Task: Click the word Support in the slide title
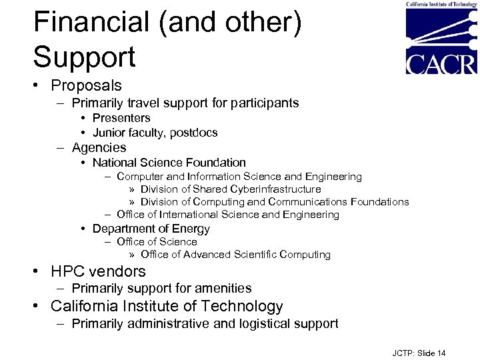coord(85,57)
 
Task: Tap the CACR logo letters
coord(441,63)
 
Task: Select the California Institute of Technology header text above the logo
coord(441,4)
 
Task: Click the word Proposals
coord(86,85)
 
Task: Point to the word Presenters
coord(121,118)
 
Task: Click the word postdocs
coord(193,133)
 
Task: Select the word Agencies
coord(99,147)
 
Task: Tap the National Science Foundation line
coord(169,163)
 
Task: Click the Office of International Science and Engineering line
coord(227,215)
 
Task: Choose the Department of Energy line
coord(151,229)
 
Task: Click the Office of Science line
coord(157,242)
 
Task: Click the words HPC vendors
coord(98,271)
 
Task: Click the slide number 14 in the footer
coord(441,353)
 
